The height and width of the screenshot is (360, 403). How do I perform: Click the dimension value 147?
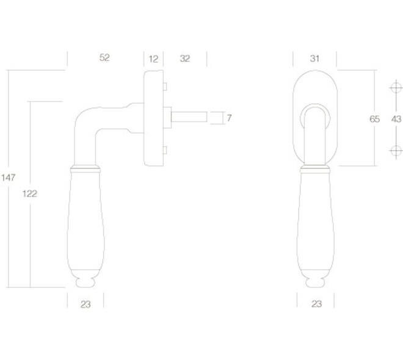[x=8, y=178]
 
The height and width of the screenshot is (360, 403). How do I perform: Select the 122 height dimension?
[x=30, y=193]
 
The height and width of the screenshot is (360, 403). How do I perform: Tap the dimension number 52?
[x=104, y=57]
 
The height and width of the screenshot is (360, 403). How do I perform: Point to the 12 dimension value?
[x=153, y=59]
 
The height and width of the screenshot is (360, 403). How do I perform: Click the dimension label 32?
[x=185, y=59]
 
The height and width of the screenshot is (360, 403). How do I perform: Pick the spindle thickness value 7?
[x=229, y=118]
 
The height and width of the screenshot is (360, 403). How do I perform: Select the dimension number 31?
[x=314, y=59]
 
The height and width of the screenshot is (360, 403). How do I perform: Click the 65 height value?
[x=374, y=119]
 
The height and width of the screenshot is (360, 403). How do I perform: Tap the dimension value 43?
[x=396, y=119]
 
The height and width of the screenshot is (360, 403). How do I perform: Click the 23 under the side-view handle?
[x=85, y=304]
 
